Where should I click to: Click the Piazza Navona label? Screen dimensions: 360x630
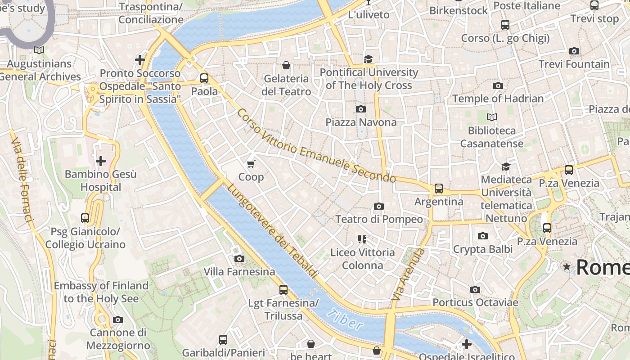click(x=361, y=122)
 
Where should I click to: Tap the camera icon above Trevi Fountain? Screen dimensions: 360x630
click(x=574, y=51)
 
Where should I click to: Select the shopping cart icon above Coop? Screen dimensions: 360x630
click(x=251, y=164)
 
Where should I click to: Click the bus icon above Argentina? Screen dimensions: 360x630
click(x=439, y=189)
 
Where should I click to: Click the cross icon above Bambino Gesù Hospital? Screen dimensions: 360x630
click(x=101, y=161)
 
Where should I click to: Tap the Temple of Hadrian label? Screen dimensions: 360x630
click(x=498, y=99)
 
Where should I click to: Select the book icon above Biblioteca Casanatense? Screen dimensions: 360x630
click(x=491, y=117)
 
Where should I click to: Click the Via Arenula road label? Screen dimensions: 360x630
click(x=408, y=274)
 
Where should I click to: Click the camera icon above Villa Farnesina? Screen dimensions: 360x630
click(x=239, y=258)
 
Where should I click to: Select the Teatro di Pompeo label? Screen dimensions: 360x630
click(x=379, y=219)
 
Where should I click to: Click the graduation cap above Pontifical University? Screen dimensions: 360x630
click(x=368, y=59)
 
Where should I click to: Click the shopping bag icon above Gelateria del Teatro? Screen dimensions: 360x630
click(x=286, y=66)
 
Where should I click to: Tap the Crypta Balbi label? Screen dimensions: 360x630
click(x=482, y=249)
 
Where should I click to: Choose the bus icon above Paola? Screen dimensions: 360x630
click(x=204, y=78)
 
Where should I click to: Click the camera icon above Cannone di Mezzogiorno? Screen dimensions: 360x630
click(x=118, y=319)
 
